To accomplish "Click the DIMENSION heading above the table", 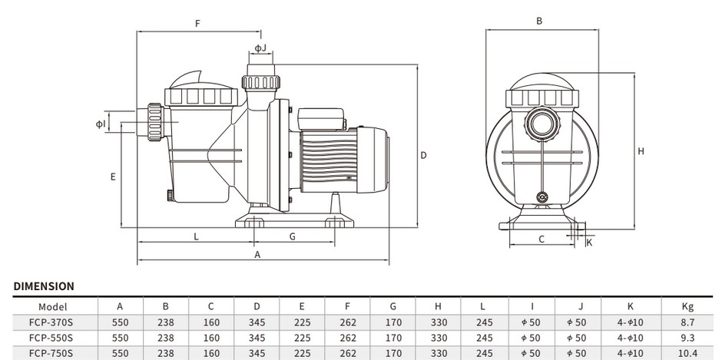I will [x=44, y=286].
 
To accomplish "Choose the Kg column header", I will [x=687, y=306].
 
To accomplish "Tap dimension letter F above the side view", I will [x=197, y=24].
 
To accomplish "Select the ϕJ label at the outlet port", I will [x=260, y=48].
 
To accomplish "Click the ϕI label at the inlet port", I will [x=100, y=124].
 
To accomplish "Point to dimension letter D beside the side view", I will [x=423, y=156].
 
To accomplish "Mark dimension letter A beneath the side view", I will [x=257, y=254].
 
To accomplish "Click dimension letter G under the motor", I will [x=293, y=236].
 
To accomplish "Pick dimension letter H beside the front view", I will [x=641, y=151].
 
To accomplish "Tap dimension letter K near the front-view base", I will [x=589, y=243].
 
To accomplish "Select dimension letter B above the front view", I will [x=539, y=21].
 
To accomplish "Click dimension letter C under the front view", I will [x=541, y=239].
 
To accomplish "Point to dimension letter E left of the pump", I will [x=113, y=177].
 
